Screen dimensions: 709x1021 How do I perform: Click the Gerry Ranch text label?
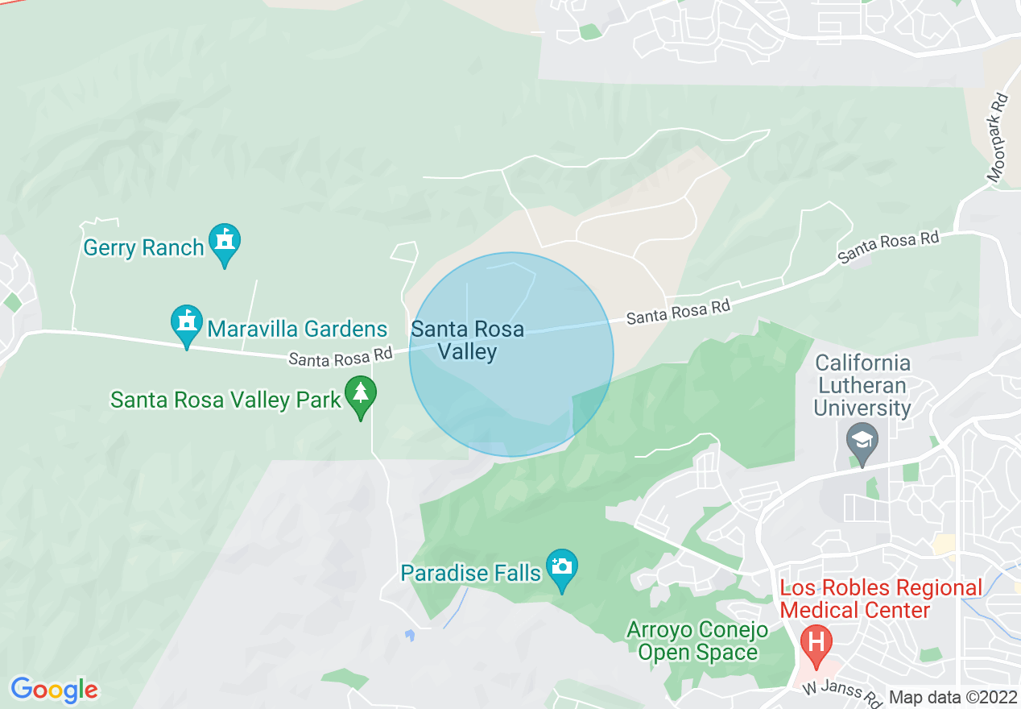(143, 247)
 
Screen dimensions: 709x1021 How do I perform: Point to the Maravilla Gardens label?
(297, 329)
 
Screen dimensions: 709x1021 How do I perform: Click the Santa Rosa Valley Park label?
(225, 400)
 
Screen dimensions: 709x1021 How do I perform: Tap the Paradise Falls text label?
(470, 573)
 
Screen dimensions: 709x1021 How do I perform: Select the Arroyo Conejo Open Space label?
(697, 641)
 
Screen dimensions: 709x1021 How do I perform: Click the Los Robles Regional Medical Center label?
(881, 599)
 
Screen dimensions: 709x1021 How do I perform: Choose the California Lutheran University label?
(862, 385)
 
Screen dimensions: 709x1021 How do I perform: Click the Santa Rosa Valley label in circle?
(467, 340)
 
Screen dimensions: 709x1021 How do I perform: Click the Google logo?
(55, 690)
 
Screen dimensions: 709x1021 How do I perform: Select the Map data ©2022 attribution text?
(953, 697)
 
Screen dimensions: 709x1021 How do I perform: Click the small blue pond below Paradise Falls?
(410, 635)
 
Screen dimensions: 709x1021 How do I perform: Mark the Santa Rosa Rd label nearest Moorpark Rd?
(887, 247)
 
